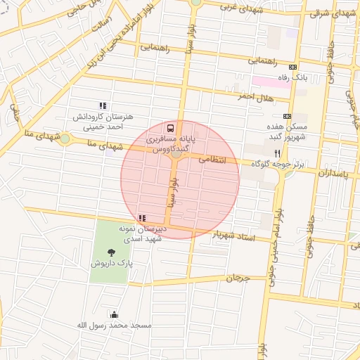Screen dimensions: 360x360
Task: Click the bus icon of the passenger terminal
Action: (171, 129)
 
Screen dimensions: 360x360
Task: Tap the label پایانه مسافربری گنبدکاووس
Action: (171, 146)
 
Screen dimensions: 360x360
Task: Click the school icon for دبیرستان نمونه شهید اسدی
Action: (143, 218)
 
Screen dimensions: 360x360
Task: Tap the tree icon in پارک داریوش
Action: (110, 252)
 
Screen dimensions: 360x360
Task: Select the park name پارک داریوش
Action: (110, 263)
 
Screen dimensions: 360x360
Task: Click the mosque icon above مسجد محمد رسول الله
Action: (114, 314)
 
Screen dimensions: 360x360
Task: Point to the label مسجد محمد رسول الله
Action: (113, 326)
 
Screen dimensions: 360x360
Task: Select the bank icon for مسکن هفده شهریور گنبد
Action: (287, 116)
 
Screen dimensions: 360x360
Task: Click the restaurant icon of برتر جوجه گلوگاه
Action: (278, 153)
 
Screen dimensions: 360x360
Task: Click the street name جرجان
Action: (238, 278)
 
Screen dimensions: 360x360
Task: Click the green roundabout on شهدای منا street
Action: (65, 139)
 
